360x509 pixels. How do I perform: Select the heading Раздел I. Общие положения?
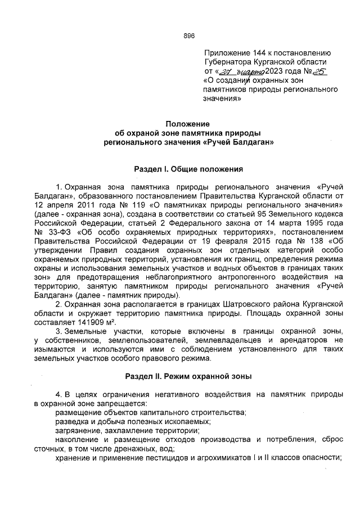point(188,168)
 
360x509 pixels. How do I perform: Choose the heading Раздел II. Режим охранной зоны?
point(188,375)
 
